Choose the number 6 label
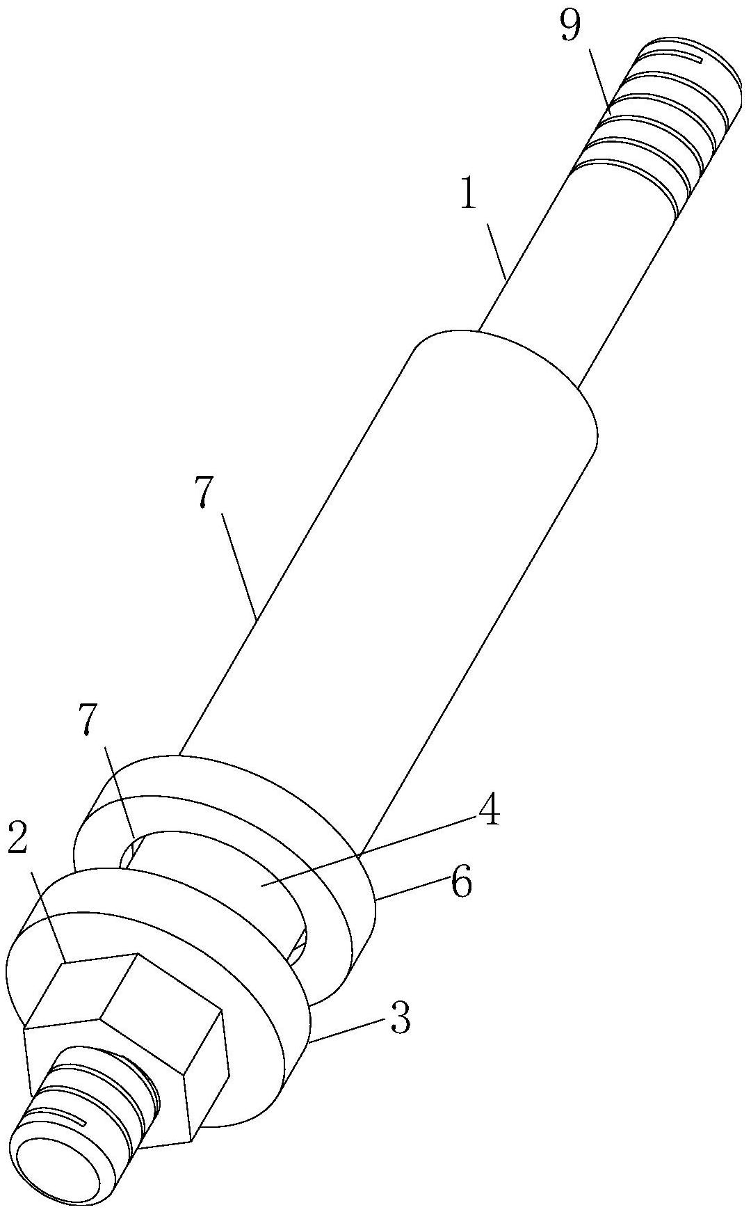461,882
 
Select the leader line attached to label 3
348,1030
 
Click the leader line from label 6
410,891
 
